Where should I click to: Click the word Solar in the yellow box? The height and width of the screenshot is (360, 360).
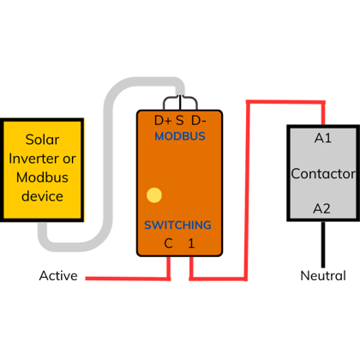42,140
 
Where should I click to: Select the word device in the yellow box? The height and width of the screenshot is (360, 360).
42,196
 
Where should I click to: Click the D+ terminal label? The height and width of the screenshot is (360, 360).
163,121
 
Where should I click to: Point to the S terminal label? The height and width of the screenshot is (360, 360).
180,121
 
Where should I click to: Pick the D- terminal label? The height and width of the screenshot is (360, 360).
199,121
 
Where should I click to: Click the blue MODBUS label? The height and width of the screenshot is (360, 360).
180,136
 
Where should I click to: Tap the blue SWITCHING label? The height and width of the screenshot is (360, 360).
177,225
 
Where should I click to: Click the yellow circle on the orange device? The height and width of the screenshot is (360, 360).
154,195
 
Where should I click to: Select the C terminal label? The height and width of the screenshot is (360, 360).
168,243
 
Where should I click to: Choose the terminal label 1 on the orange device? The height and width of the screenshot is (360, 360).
191,243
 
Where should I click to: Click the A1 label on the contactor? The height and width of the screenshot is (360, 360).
323,138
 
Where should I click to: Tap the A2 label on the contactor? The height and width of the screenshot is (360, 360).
321,208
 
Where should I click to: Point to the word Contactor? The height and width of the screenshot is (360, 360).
323,174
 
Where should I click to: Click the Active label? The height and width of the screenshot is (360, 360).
58,276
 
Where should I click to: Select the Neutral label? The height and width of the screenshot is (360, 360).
323,276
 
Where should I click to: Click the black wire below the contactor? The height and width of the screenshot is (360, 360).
323,244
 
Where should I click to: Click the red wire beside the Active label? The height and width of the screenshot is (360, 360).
128,279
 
